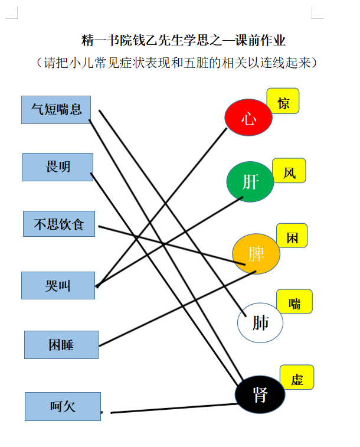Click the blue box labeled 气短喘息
point(56,110)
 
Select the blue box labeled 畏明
point(58,167)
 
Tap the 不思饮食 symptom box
point(59,224)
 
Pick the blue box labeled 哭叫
point(58,285)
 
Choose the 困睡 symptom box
point(61,345)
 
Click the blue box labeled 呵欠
point(63,406)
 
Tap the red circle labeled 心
point(248,117)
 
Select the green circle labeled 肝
point(250,182)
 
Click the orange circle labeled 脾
point(256,254)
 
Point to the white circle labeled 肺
point(260,323)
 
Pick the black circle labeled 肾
point(260,394)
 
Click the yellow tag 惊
point(283,101)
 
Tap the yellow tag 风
point(289,171)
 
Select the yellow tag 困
point(292,236)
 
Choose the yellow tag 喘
point(294,301)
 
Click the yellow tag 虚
point(297,377)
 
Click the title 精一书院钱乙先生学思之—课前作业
point(183,40)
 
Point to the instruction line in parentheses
point(176,63)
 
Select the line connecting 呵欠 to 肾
point(174,408)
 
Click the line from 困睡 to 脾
point(178,309)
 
